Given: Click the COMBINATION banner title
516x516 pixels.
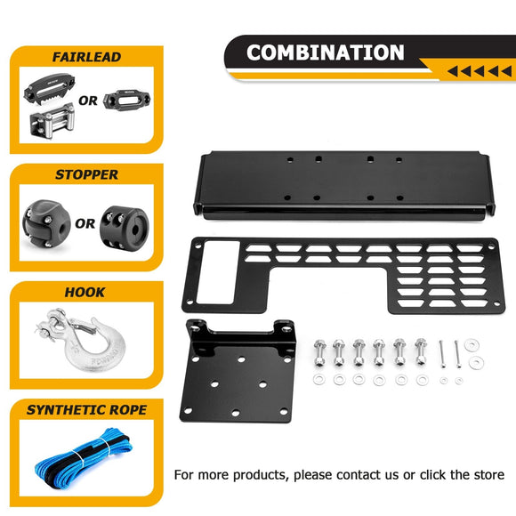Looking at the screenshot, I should (325, 52).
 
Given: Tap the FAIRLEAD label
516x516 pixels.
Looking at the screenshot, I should (86, 57).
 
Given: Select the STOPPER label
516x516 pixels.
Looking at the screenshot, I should (86, 175).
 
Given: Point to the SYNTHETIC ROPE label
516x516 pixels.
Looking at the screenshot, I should (86, 410).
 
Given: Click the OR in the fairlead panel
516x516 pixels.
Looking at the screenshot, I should (88, 101).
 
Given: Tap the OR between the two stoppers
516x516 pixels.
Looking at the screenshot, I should (85, 223).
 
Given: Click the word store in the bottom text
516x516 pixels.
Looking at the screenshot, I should (485, 474).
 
